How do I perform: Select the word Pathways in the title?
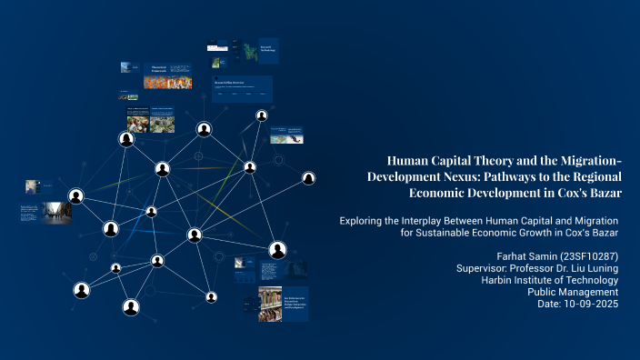pos(515,176)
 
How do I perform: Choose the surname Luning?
pos(600,269)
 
